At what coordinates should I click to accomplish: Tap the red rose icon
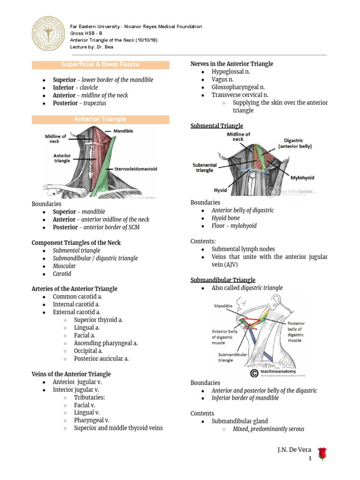coord(322,453)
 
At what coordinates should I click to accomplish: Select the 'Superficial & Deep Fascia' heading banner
coord(100,64)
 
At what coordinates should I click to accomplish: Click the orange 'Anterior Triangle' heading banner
coord(100,120)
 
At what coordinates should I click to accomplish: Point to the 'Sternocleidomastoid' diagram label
coord(133,168)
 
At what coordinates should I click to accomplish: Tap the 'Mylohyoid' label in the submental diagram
coord(302,178)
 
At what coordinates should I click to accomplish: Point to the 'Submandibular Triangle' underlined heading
coord(223,280)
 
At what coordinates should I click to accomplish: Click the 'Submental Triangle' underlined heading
coord(217,126)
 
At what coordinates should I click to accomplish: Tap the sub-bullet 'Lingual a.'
coord(87,328)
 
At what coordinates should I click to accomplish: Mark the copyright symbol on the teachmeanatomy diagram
coord(254,373)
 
